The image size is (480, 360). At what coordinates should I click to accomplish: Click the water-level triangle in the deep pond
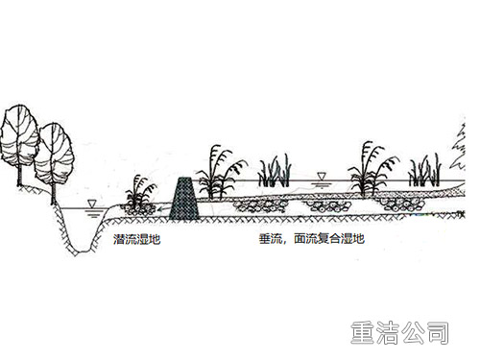pos(91,204)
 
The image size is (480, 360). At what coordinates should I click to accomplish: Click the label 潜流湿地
pos(135,237)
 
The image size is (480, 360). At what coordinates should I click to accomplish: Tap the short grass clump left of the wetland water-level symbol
pos(276,170)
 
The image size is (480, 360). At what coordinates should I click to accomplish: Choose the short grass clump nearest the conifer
pos(424,171)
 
